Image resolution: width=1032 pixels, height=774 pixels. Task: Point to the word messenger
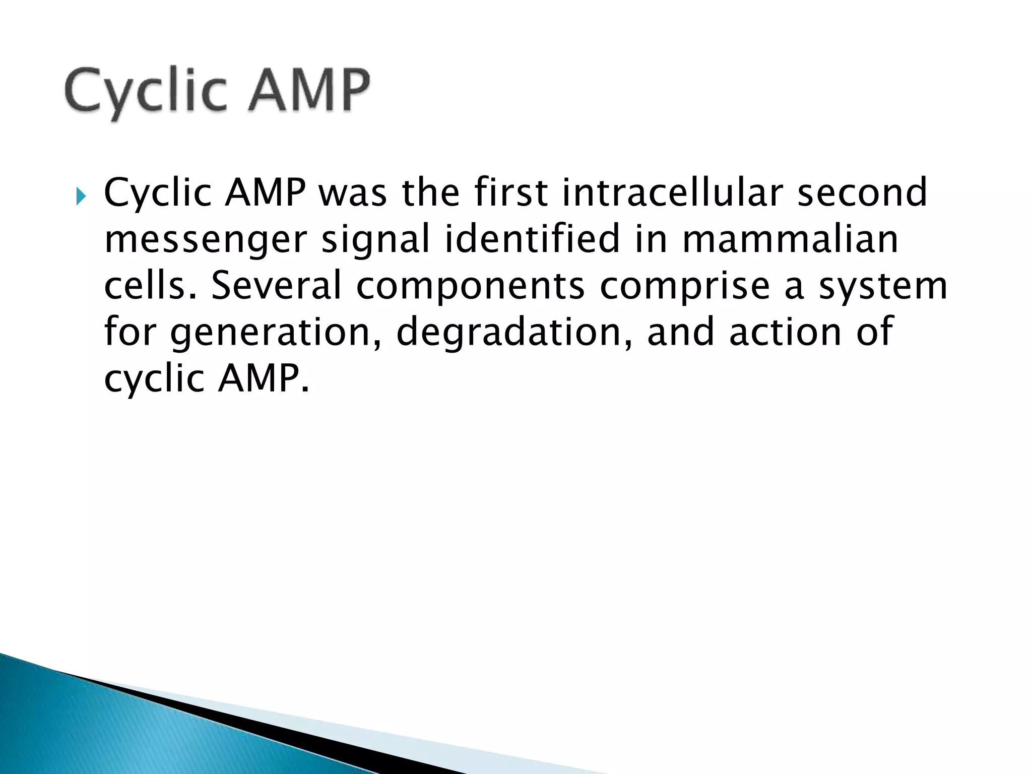(x=205, y=240)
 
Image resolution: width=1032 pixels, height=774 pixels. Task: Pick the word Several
(x=276, y=285)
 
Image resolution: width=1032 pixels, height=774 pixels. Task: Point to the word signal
(x=375, y=240)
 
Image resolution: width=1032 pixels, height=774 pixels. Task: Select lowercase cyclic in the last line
(x=154, y=379)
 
